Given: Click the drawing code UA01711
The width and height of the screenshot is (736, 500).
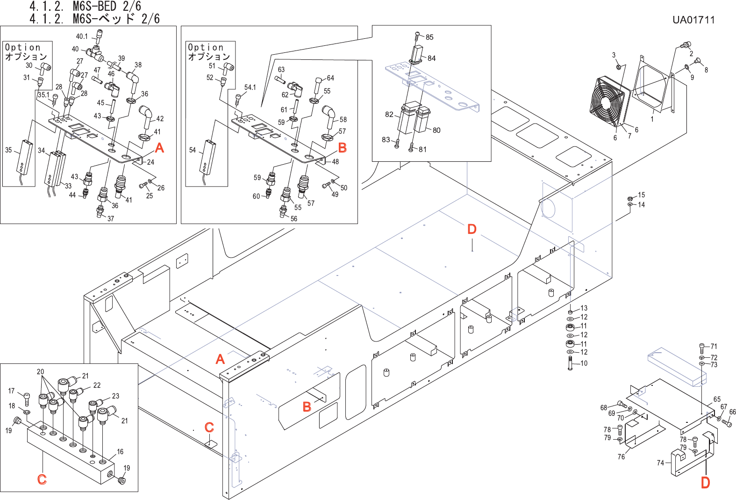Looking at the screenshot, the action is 693,20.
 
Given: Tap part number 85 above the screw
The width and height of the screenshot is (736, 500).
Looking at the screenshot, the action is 429,37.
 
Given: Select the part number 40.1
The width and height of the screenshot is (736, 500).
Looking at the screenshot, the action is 82,36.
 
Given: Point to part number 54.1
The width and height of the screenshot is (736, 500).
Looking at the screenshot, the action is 250,87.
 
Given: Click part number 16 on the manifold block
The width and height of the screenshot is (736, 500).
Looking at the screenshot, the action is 120,452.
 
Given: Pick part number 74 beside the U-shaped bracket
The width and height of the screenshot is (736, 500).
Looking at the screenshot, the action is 660,463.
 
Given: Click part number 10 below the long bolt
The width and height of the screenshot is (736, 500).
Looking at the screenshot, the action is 584,363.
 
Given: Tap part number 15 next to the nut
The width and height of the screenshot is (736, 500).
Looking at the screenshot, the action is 641,195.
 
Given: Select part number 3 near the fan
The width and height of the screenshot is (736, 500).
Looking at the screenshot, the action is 614,55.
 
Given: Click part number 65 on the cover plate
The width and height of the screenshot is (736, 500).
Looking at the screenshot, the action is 717,399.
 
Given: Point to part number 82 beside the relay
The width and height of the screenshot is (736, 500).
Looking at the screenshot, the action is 389,115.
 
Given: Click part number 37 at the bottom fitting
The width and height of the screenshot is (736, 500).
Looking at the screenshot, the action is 111,219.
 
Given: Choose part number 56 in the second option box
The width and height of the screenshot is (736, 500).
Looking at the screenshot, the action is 294,219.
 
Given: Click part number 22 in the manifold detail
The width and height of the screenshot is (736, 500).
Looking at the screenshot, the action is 97,385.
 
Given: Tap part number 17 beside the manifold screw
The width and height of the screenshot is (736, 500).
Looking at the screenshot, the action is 12,391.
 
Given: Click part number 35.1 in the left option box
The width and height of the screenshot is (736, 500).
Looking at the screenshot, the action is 43,95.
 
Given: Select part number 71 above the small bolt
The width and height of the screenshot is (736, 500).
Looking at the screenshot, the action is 714,347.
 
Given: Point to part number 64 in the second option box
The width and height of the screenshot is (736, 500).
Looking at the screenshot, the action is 330,78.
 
